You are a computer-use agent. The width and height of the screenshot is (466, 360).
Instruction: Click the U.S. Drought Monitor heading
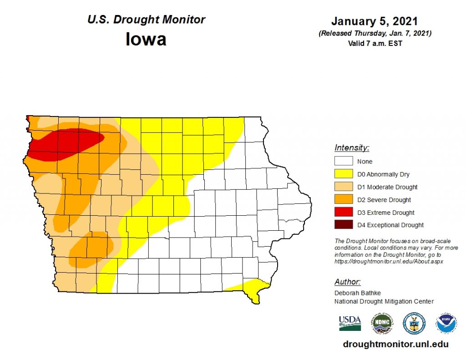tap(146, 20)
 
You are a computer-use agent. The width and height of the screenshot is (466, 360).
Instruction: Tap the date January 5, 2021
tap(374, 21)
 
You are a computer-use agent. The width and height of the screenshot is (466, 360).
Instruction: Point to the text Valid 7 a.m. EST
tap(374, 44)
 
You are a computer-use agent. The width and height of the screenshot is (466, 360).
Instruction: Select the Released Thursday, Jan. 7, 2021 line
tap(374, 33)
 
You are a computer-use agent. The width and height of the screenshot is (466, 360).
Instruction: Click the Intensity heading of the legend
tap(352, 147)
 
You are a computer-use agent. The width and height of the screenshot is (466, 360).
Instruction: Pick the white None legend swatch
tap(344, 161)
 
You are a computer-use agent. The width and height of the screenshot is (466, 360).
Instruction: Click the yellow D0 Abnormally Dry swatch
tap(344, 174)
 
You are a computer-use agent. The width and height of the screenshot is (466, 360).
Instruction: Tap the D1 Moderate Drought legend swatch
tap(344, 187)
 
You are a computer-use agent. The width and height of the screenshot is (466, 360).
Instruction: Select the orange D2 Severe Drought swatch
tap(344, 199)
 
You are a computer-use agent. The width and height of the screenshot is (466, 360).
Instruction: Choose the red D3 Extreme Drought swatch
tap(344, 212)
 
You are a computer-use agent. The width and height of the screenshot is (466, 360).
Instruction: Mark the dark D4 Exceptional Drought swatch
tap(344, 225)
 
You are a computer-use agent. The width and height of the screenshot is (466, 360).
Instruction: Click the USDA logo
tap(350, 323)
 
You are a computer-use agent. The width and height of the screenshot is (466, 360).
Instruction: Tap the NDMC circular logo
tap(381, 323)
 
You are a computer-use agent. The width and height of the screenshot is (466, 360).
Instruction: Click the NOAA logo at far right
tap(446, 323)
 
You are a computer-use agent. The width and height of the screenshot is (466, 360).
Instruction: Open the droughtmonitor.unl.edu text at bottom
tap(395, 345)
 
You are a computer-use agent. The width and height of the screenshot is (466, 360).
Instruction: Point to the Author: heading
tap(348, 282)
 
